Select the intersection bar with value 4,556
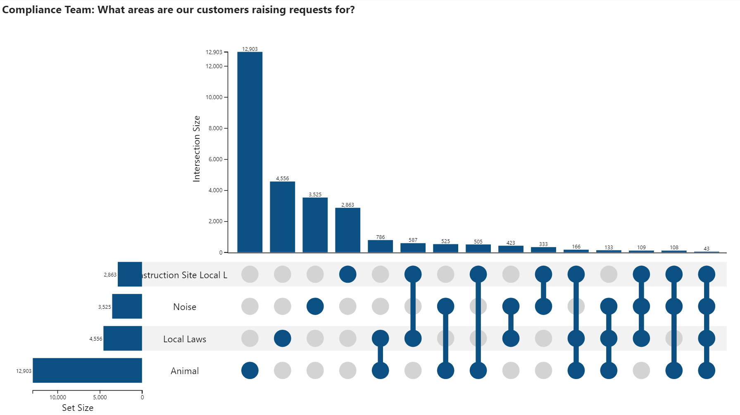(x=282, y=217)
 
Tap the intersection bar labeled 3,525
(x=315, y=225)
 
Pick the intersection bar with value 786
(x=380, y=246)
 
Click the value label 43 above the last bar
(x=706, y=248)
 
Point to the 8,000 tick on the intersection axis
(x=215, y=128)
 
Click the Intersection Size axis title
(x=197, y=149)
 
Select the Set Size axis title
(x=78, y=408)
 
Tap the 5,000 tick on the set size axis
(x=100, y=397)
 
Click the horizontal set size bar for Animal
(x=87, y=370)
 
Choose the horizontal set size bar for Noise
(x=127, y=306)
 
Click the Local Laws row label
(x=184, y=339)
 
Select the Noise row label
(x=184, y=307)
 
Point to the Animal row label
(x=184, y=371)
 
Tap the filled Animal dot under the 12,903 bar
(x=250, y=370)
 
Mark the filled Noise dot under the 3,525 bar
(x=315, y=306)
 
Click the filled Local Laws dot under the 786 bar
(x=380, y=339)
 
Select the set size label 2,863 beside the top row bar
(x=110, y=274)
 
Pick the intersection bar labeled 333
(x=543, y=250)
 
